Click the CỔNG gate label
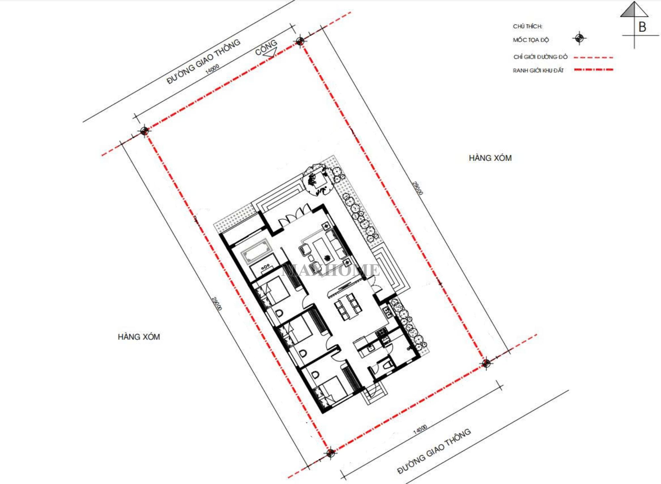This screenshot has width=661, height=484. click(266, 47)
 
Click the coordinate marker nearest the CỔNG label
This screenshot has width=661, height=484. click(300, 41)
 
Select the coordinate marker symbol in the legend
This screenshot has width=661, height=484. click(579, 38)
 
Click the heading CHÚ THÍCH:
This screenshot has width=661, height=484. click(527, 26)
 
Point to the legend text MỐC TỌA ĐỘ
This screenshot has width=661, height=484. click(531, 40)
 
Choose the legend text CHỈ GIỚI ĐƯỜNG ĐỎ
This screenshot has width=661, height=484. click(540, 57)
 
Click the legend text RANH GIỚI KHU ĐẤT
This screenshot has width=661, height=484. click(538, 70)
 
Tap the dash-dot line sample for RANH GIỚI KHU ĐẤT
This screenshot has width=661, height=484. click(594, 70)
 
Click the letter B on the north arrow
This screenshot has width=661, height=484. click(642, 27)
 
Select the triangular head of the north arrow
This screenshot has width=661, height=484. click(634, 9)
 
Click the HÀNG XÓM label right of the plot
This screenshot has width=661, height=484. click(490, 158)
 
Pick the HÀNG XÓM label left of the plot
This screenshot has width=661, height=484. click(139, 337)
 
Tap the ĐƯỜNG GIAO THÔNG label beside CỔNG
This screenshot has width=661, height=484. click(203, 61)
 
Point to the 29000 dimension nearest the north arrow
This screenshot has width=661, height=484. click(418, 188)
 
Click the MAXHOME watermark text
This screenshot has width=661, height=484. click(330, 270)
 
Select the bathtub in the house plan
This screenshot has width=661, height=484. click(256, 251)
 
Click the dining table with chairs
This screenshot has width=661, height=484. click(348, 307)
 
